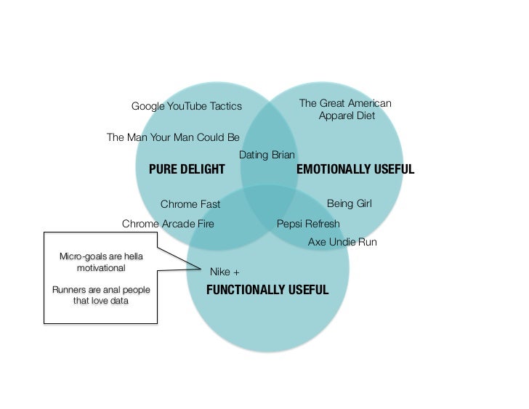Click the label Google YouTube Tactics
[186, 107]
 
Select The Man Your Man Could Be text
[173, 137]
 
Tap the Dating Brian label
[267, 155]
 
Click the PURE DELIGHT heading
[187, 169]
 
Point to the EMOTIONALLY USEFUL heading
[355, 169]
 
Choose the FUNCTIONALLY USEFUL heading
[267, 290]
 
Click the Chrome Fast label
[190, 204]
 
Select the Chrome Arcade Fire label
[168, 224]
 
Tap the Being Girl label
[349, 203]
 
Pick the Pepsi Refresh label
[308, 224]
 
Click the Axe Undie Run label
[342, 242]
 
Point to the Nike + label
[225, 272]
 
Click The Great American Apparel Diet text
[345, 110]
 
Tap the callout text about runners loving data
[101, 296]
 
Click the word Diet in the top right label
[363, 116]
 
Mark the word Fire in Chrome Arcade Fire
[203, 224]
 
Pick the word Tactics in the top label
[225, 107]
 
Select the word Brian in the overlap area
[283, 155]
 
